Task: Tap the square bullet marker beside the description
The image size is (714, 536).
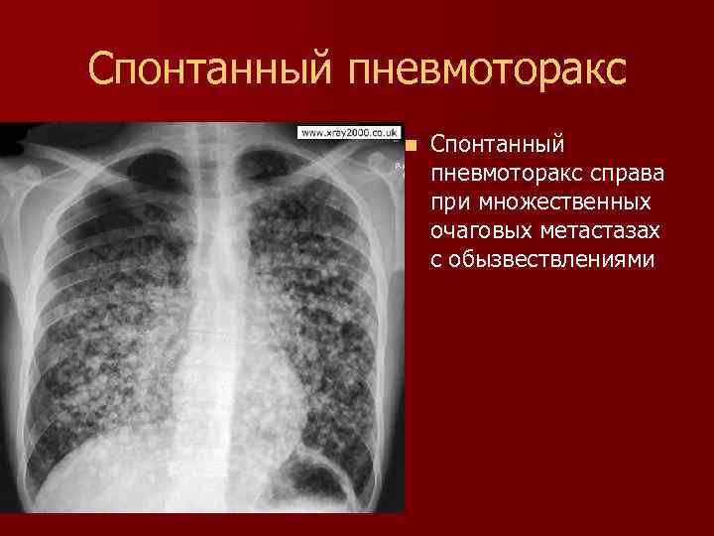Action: click(x=413, y=145)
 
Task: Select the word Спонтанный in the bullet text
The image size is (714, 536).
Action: click(x=498, y=145)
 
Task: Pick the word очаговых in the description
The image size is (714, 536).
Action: click(x=475, y=231)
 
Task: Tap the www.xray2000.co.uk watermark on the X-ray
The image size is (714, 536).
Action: click(x=346, y=132)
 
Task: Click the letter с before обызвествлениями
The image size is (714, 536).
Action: click(x=437, y=260)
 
